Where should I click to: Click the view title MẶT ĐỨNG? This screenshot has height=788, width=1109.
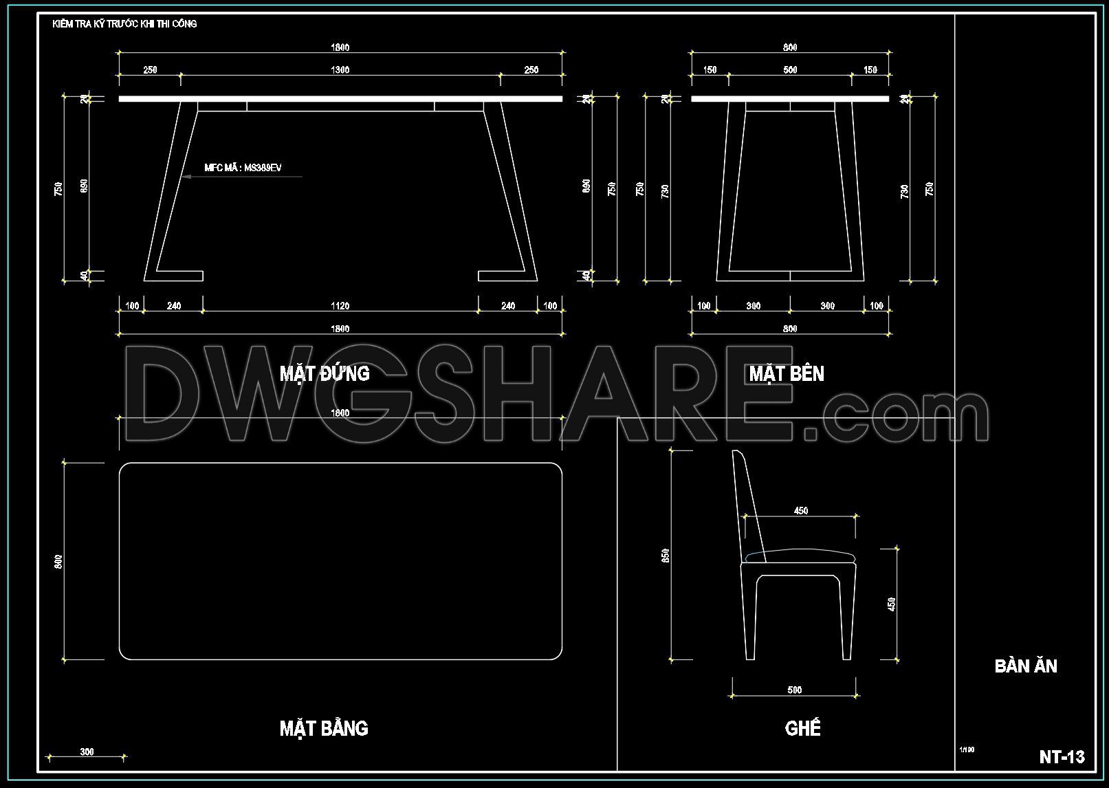(x=325, y=373)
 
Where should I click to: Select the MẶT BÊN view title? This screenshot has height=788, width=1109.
(x=786, y=373)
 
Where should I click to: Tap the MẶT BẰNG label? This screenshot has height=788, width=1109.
(x=324, y=728)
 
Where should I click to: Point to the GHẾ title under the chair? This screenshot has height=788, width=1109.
(x=802, y=728)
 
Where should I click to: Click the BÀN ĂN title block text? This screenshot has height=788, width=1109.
(x=1026, y=666)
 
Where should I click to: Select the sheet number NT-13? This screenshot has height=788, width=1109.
(x=1062, y=757)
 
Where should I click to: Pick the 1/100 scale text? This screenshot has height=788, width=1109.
(x=967, y=749)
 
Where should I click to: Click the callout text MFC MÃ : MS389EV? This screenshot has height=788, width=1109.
(x=243, y=168)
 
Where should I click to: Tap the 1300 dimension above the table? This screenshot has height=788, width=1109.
(x=340, y=69)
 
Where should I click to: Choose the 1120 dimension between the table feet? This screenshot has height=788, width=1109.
(x=340, y=306)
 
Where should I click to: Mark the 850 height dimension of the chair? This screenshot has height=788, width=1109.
(x=666, y=556)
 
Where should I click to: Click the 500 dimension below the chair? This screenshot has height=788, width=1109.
(x=794, y=690)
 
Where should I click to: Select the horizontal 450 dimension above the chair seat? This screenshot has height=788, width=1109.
(x=801, y=511)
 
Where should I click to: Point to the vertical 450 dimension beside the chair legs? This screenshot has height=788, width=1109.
(x=892, y=604)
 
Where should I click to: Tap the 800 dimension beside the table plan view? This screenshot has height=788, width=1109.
(x=59, y=561)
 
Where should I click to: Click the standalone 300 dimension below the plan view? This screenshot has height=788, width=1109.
(x=87, y=752)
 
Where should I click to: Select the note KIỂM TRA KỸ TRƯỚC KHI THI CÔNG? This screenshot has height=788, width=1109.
(x=124, y=24)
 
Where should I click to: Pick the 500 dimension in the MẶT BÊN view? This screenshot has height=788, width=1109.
(x=790, y=69)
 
